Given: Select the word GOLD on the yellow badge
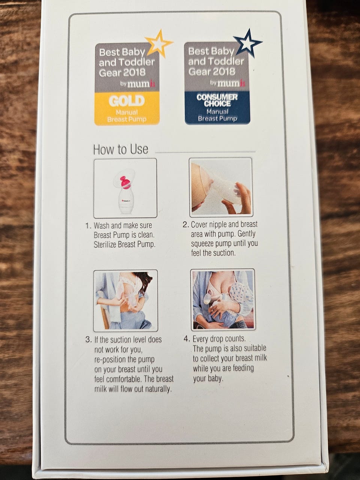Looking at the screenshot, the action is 127,101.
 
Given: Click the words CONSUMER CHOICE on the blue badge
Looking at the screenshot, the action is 217,100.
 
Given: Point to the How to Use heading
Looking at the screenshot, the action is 121,150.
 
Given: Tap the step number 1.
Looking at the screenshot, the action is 88,226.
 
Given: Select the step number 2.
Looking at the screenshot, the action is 186,225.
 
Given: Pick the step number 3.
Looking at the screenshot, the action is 88,340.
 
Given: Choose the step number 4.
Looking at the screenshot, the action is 186,339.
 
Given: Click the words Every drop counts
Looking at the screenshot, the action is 219,339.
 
